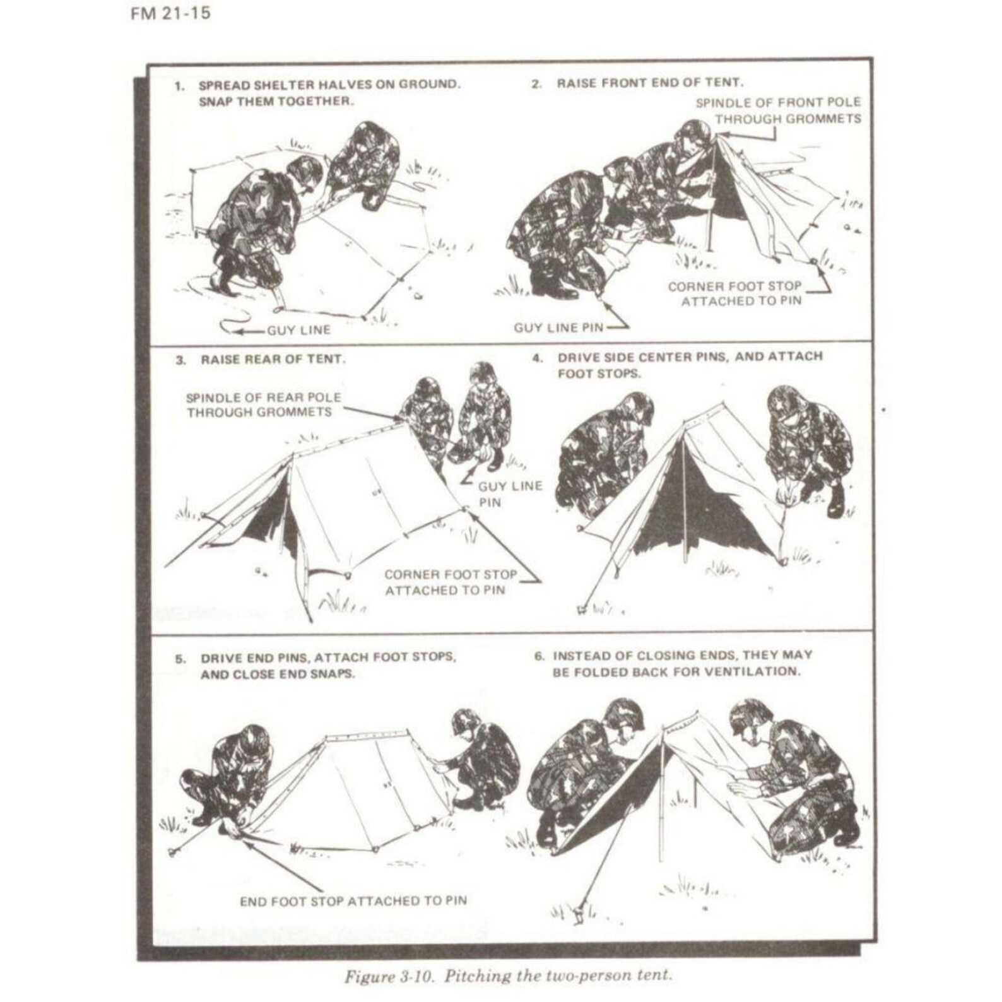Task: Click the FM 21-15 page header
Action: click(x=170, y=13)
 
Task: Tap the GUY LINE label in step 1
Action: click(x=298, y=330)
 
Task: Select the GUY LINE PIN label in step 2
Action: click(x=558, y=327)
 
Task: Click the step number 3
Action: click(x=181, y=360)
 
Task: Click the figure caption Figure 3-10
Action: click(x=507, y=975)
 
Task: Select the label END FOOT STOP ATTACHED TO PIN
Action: click(x=353, y=901)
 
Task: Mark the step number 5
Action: click(x=181, y=659)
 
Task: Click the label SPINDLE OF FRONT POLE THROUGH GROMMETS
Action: click(x=779, y=110)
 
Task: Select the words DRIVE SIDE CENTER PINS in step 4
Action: click(x=644, y=357)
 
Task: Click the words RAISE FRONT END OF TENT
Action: click(x=649, y=83)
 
